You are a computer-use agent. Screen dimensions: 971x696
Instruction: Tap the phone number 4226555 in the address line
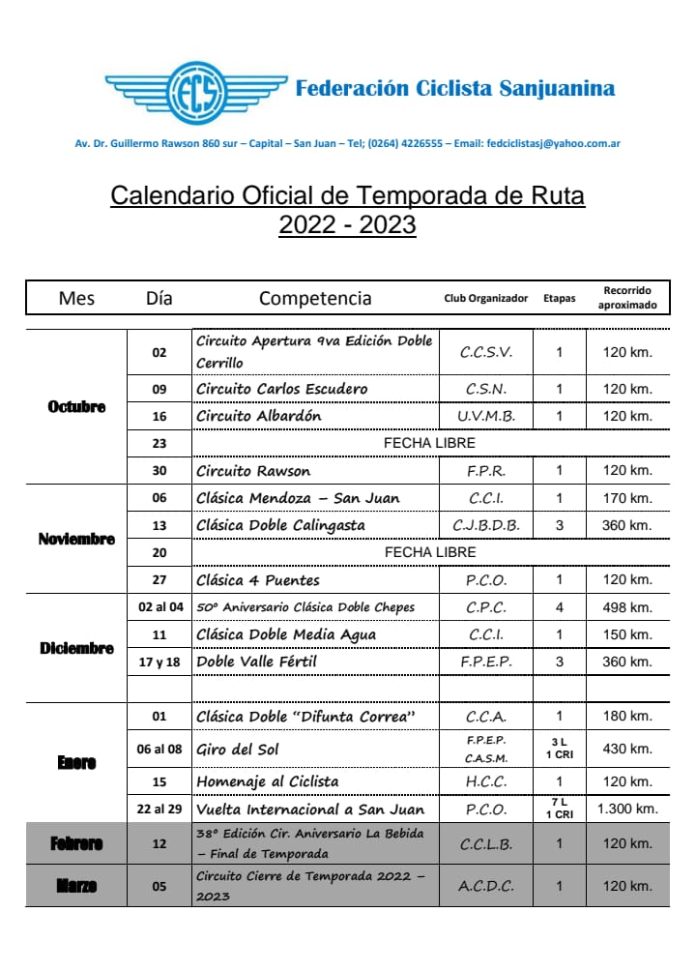click(x=417, y=144)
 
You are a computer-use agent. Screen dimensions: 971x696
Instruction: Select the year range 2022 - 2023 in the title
click(x=347, y=225)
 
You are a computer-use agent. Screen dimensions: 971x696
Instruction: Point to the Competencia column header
click(x=315, y=298)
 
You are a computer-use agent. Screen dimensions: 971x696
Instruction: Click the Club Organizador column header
click(x=485, y=299)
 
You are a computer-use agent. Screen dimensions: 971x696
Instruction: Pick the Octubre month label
click(x=76, y=406)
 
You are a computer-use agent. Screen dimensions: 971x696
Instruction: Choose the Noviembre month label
click(x=76, y=539)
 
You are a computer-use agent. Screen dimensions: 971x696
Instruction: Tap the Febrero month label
click(x=76, y=844)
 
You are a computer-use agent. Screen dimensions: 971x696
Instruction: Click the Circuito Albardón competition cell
click(x=259, y=416)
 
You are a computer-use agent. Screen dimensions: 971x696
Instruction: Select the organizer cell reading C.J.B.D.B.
click(x=485, y=525)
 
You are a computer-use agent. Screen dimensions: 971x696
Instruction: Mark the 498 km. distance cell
click(x=626, y=607)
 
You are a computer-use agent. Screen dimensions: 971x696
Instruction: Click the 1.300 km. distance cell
click(x=627, y=809)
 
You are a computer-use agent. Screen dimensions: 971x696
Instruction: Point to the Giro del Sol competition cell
click(x=239, y=749)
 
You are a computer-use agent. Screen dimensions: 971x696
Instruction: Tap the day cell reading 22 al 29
click(x=159, y=809)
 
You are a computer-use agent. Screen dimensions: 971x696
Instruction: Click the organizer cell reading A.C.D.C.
click(x=485, y=886)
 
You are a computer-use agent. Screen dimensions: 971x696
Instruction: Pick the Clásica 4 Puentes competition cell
click(x=258, y=580)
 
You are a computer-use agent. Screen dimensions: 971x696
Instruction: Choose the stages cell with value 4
click(x=559, y=607)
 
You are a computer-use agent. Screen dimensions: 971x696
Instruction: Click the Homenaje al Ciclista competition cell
click(x=268, y=781)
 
